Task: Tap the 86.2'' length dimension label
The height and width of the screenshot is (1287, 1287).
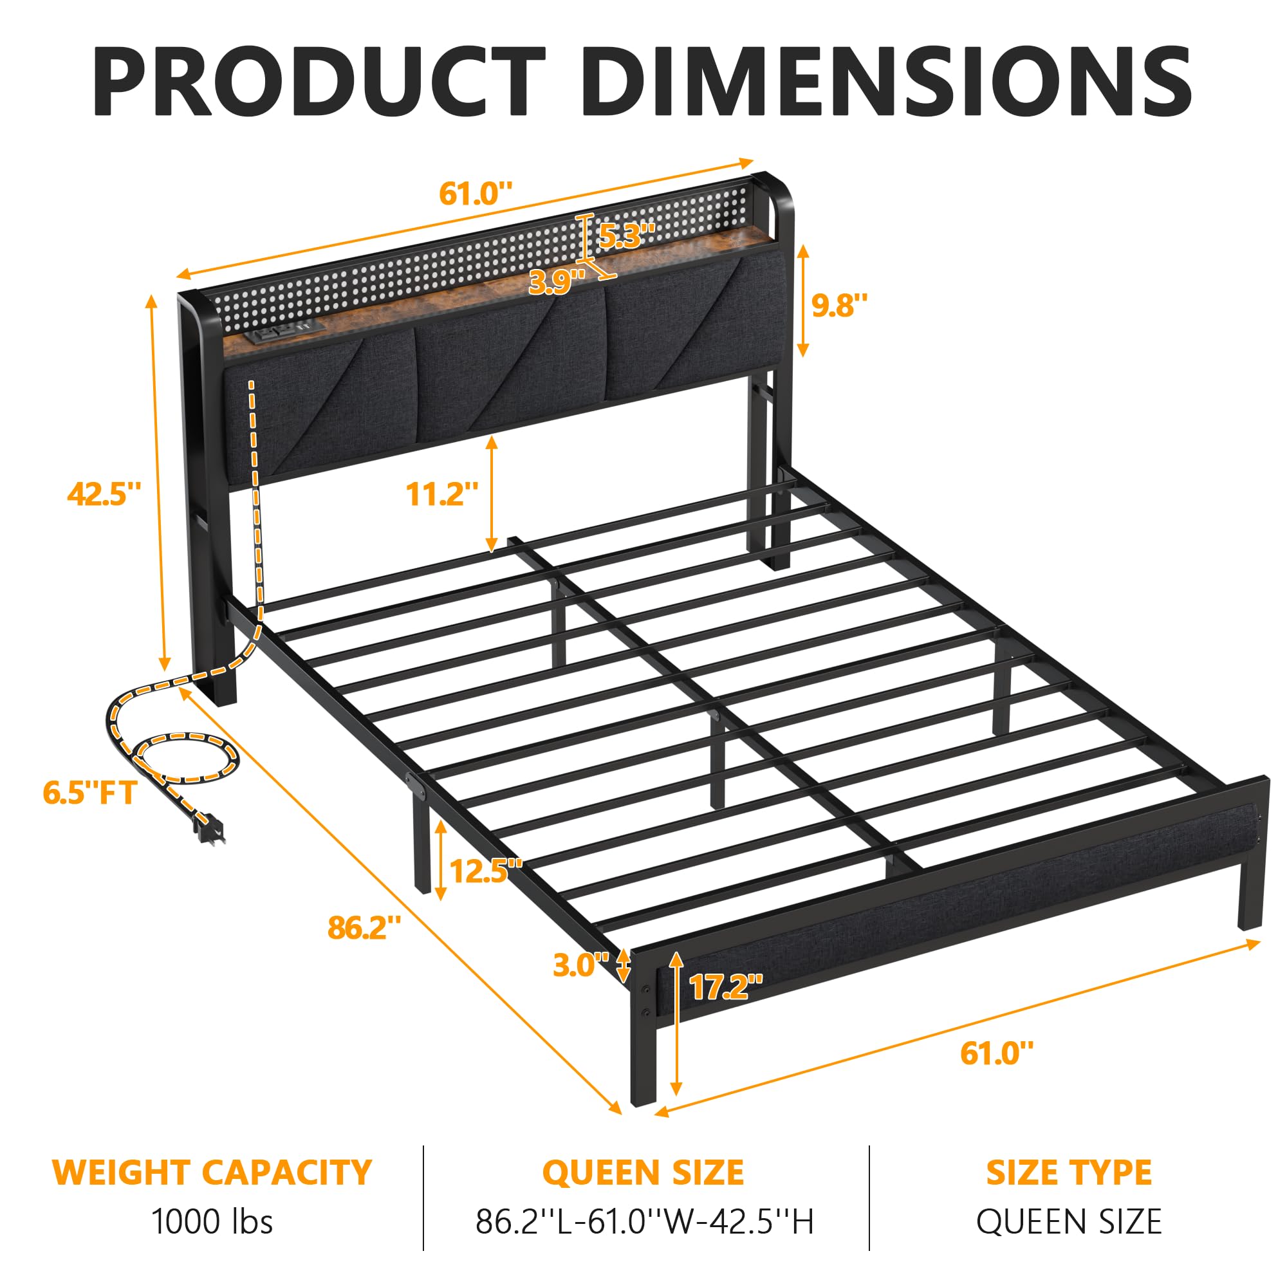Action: pos(364,928)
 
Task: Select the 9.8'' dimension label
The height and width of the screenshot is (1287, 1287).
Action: pos(839,305)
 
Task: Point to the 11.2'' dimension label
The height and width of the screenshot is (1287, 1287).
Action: pos(442,494)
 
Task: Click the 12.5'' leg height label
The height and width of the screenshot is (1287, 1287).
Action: pos(486,871)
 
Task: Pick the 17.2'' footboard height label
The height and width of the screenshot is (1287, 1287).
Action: pos(725,986)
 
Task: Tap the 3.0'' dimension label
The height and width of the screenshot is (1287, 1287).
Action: pos(581,965)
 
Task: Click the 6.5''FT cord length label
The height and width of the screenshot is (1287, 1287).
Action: pos(90,793)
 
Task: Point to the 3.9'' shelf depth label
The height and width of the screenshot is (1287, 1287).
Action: pos(557,282)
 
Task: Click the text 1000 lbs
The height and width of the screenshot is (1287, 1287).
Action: pos(212,1222)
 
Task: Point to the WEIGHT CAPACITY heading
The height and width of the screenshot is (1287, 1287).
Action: pos(212,1172)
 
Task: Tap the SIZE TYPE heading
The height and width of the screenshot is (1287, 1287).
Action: pos(1068,1172)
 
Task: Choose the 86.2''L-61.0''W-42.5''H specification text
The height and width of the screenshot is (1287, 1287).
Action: pos(644,1222)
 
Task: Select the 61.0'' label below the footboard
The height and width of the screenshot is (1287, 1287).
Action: pos(997,1053)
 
